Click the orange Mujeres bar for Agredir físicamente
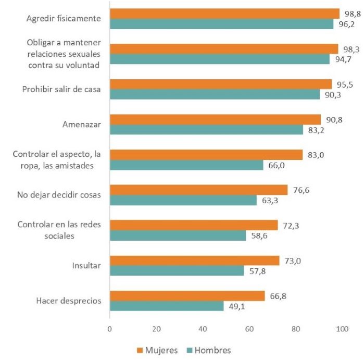224,14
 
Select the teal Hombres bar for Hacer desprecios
166,306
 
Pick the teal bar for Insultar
177,271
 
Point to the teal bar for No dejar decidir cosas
183,200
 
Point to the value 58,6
257,236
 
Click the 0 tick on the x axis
109,329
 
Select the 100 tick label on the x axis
342,329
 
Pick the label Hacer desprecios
69,301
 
